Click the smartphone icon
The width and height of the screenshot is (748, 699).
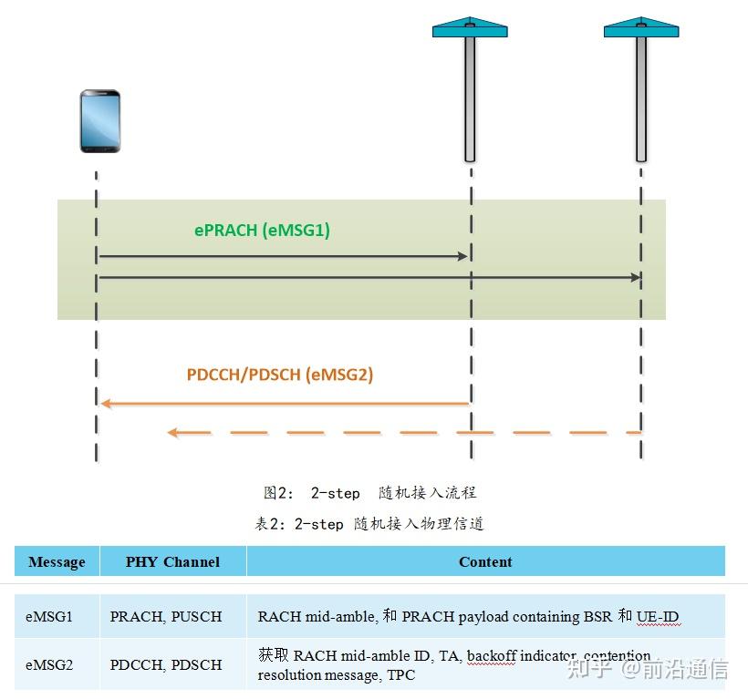99,120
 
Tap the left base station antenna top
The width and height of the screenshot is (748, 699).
470,27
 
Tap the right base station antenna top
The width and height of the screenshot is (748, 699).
641,27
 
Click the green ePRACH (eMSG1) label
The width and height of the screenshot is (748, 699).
262,231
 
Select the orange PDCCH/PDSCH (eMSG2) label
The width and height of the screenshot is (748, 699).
280,374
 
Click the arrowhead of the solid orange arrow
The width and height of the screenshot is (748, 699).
106,403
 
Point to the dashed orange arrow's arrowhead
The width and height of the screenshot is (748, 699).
172,432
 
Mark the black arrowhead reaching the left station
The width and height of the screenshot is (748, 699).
462,257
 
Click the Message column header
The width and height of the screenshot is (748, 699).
57,561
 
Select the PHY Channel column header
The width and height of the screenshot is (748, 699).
172,561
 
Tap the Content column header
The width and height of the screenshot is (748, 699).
485,561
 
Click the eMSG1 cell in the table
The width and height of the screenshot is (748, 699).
49,617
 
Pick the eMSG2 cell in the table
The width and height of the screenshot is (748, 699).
49,664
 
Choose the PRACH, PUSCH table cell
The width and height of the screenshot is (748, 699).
166,617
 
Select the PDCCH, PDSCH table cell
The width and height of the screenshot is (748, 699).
166,664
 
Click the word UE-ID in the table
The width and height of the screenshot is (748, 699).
659,617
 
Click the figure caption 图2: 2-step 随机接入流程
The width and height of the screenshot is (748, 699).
369,493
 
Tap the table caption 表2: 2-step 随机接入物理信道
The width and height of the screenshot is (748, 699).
369,524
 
